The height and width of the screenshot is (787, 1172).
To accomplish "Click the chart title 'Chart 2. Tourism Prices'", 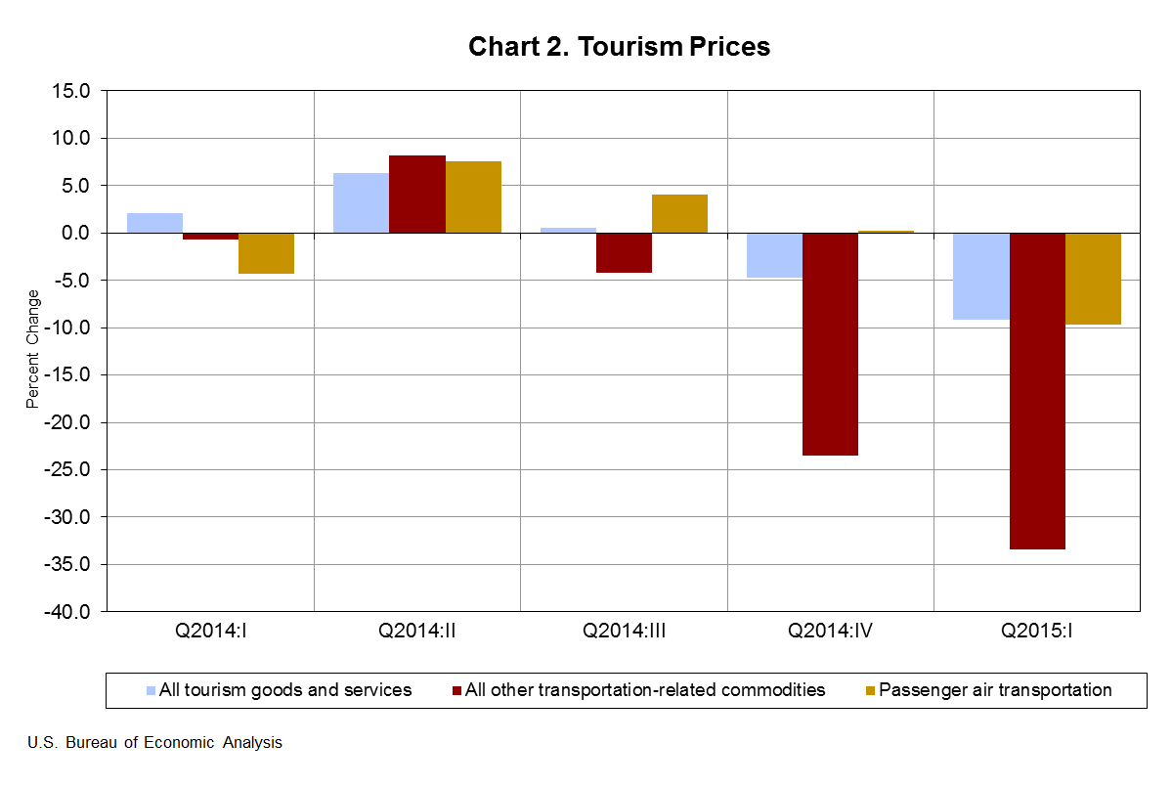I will pos(619,47).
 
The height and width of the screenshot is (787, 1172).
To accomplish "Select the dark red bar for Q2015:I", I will pos(1037,391).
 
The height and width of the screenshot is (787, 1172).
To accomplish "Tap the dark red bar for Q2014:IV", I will pos(830,344).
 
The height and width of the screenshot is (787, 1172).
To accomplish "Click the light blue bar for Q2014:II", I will pos(361,203).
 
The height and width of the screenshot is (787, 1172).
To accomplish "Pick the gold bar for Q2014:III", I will pos(679,214).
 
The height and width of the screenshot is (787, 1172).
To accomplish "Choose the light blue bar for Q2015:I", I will pos(980,276).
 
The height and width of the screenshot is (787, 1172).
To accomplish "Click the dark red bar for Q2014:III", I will pos(624,252).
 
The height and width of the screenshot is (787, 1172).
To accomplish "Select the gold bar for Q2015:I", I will pos(1093,279).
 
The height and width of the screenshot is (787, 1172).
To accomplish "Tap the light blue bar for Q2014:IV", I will pos(774,255).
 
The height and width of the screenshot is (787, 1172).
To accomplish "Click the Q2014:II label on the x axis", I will pos(417,631).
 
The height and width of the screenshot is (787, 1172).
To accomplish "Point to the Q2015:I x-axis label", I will pos(1037,631).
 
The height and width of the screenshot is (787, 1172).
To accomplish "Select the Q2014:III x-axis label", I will pos(624,631).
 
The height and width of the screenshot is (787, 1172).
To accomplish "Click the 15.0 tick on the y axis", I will pos(71,91).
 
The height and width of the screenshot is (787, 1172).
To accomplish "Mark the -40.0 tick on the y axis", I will pos(68,612).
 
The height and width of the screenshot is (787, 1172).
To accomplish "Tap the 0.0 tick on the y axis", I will pos(75,233).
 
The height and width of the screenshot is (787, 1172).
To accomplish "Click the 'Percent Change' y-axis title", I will pos(32,349).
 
